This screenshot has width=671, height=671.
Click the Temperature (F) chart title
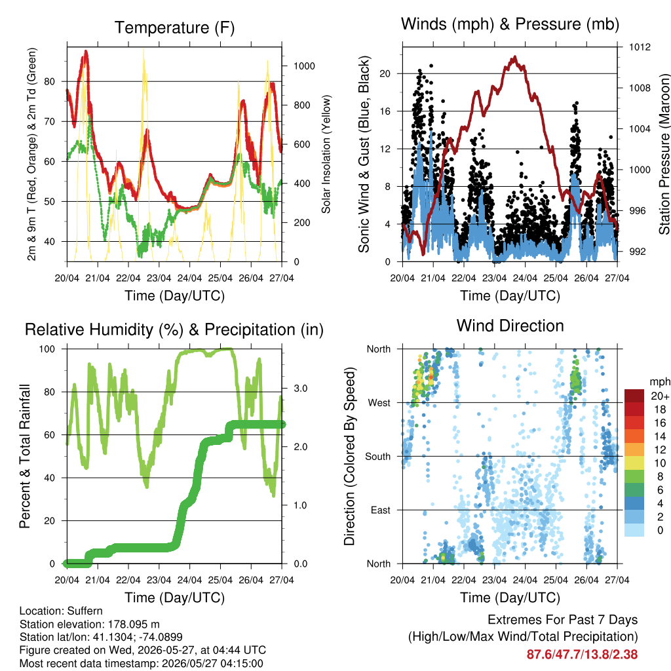pos(174,28)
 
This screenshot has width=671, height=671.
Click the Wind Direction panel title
pos(510,326)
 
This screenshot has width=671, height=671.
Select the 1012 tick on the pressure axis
pos(640,47)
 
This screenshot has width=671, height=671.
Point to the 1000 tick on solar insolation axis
pos(304,66)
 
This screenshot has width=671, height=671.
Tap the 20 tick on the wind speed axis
pos(385,73)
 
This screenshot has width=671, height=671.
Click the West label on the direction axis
pos(379,403)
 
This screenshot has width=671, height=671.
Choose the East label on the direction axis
pos(381,510)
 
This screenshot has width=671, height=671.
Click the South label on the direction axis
pos(378,457)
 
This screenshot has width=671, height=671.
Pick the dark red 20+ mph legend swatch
pos(634,396)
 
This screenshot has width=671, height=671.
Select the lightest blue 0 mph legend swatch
pos(634,529)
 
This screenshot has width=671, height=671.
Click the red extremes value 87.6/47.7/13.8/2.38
pos(582,655)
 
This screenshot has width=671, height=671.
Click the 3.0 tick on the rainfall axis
pos(300,389)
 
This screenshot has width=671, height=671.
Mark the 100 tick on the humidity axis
pos(47,349)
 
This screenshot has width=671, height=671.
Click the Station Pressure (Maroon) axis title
pos(664,154)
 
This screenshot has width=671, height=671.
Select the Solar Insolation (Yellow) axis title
pos(326,154)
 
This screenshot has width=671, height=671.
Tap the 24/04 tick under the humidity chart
pos(189,580)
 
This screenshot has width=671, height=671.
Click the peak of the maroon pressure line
pos(515,56)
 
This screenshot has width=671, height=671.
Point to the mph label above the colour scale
pos(659,382)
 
